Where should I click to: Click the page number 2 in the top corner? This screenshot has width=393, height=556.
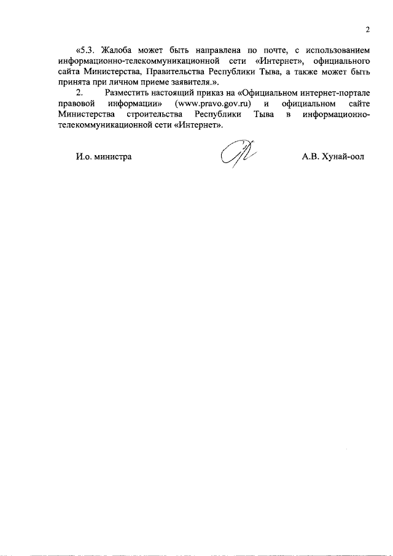click(367, 29)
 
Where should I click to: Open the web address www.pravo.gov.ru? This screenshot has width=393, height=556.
click(213, 103)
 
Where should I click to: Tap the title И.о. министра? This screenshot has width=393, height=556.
click(104, 156)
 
